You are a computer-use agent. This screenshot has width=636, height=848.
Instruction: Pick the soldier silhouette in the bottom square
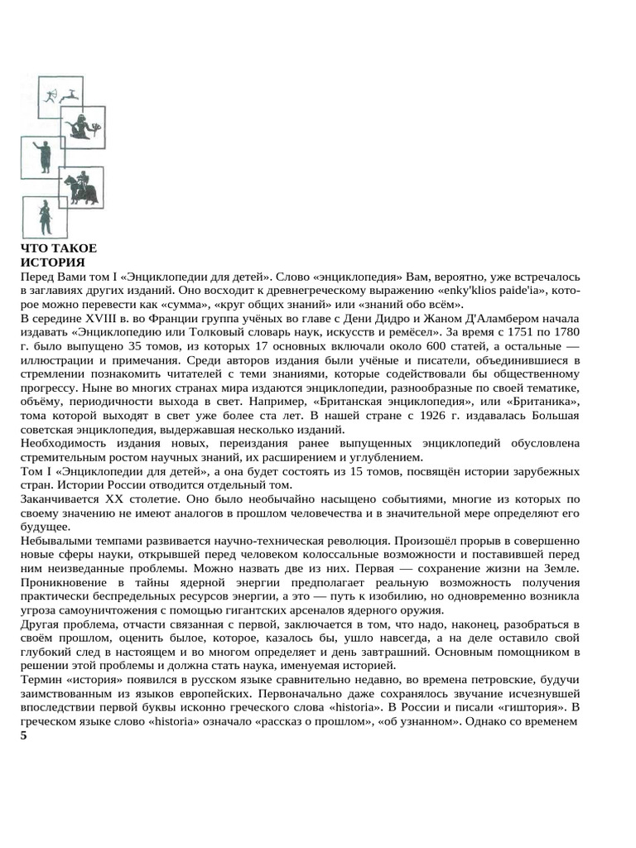(x=46, y=219)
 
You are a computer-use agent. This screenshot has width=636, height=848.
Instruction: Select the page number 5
(x=24, y=736)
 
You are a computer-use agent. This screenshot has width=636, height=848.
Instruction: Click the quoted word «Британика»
(x=542, y=402)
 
